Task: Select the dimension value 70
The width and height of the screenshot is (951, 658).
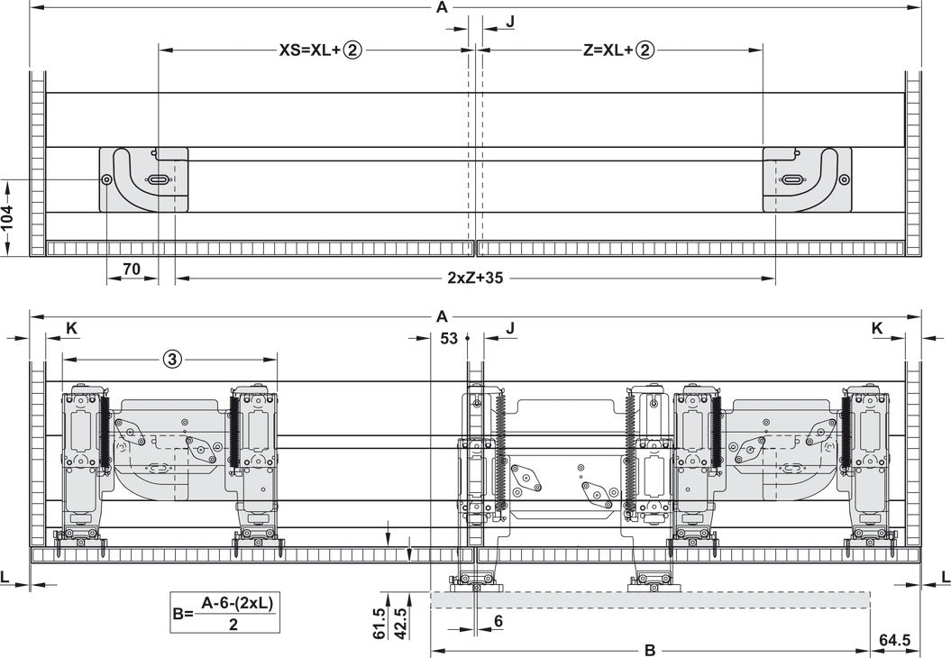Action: pos(132,268)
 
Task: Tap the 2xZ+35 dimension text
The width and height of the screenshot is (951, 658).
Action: pos(475,278)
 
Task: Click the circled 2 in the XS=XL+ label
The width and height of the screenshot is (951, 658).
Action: pos(352,50)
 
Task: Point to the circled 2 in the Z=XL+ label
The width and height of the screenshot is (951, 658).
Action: pos(644,50)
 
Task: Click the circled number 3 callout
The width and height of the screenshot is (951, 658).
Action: pos(173,358)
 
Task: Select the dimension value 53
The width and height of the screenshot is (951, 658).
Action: pos(449,339)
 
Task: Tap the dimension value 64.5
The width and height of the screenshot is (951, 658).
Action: pos(894,640)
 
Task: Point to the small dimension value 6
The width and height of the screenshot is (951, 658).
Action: pos(498,621)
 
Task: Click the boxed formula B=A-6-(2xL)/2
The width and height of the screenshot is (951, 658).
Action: pos(222,613)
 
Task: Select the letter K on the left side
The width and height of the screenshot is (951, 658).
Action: pos(70,328)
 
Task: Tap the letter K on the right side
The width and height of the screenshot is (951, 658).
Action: pos(877,328)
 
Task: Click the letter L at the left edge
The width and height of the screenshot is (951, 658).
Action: pos(5,576)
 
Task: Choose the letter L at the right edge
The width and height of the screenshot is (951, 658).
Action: pos(944,576)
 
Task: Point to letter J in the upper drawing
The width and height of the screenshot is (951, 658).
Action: pos(510,20)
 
